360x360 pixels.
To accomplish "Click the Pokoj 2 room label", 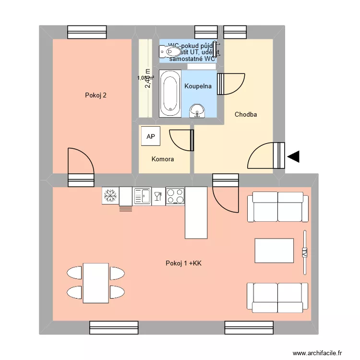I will pos(96,95).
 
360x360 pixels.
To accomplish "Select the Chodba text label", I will pos(246,114).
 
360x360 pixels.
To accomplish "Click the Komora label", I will pos(163,159).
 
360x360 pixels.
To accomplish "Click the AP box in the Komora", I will pos(151,137).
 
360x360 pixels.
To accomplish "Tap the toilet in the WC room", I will pos(171,51).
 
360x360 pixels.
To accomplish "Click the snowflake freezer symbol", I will pos(110,195).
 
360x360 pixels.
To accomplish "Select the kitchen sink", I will pos(143,196).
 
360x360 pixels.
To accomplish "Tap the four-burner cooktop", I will pos(175,196).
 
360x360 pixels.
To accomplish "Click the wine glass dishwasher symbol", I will pos(158,196).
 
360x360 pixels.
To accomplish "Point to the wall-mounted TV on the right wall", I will pos(304,252).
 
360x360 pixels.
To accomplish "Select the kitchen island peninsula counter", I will pos(196,213).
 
